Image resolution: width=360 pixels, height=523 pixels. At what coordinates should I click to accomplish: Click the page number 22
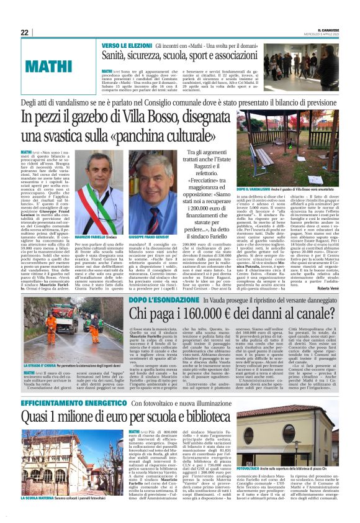click(x=25, y=33)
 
